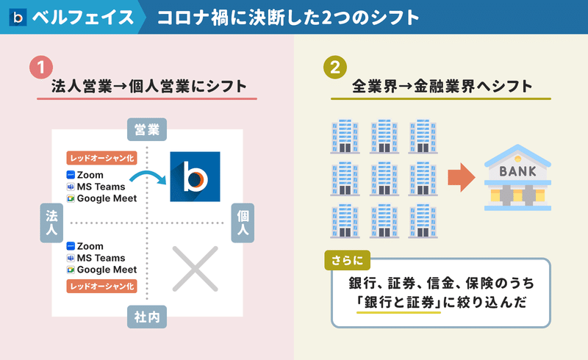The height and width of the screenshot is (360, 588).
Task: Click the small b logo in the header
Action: coord(18,17)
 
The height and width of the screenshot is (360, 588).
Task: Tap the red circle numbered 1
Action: coord(41,68)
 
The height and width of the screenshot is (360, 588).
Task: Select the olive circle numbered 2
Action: coord(335,68)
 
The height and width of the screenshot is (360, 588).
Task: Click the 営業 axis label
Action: coord(147,129)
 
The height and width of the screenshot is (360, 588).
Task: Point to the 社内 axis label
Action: coord(147,317)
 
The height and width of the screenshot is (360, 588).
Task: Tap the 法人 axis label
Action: coord(51,223)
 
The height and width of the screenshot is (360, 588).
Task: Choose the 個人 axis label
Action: coord(243,223)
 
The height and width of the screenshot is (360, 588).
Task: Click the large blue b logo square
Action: coord(195,176)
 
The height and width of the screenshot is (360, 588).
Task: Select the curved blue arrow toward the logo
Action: coord(148,173)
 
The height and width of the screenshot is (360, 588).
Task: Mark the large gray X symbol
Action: coord(195,269)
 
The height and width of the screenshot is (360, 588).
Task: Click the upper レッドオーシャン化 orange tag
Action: coord(101,158)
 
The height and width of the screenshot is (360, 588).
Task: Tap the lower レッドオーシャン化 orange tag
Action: coord(101,286)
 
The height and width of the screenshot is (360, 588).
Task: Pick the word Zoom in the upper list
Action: coord(90,175)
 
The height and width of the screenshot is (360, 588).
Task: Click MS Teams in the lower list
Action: coord(101,258)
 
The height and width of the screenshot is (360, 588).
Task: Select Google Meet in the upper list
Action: coord(107,198)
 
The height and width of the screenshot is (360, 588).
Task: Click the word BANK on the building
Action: coord(518,171)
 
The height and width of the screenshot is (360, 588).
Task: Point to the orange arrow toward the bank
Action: coord(462,177)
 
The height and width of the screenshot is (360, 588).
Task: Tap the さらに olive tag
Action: coord(347,260)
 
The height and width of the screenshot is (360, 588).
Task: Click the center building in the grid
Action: coord(384,179)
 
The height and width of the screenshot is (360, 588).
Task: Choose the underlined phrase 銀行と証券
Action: coord(399,302)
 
